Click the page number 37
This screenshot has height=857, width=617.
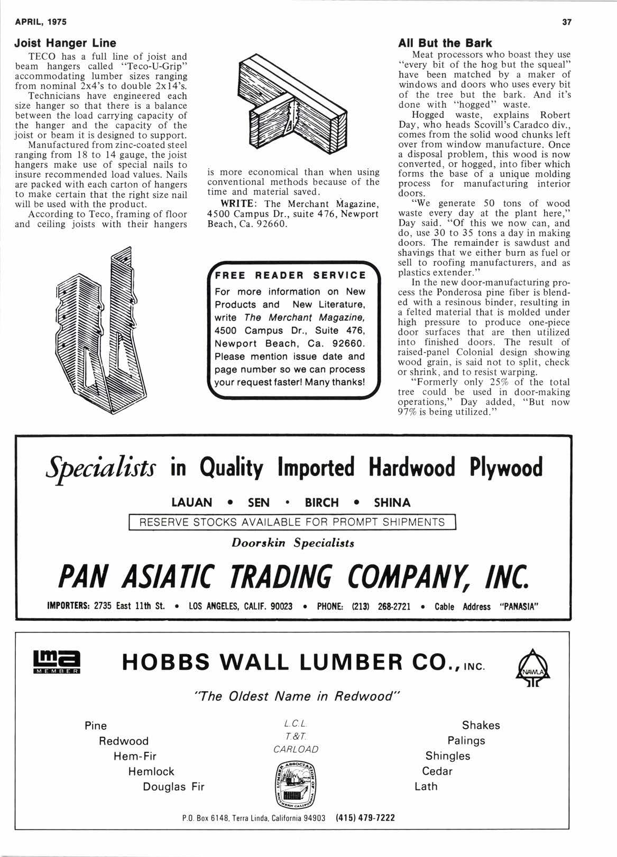[568, 22]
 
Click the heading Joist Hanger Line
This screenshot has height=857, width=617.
[65, 42]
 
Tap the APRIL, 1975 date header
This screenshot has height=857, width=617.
[41, 22]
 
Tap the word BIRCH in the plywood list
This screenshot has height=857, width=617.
[321, 502]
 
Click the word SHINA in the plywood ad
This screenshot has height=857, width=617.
[392, 502]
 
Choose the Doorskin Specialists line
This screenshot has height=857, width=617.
[293, 543]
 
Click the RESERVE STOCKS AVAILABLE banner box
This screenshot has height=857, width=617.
[292, 523]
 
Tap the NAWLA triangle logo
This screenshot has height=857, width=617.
[532, 664]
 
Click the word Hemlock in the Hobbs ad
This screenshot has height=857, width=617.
[151, 771]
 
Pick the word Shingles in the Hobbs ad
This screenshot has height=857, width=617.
[448, 756]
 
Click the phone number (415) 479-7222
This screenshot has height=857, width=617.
[365, 818]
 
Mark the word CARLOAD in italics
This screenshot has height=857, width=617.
[296, 749]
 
